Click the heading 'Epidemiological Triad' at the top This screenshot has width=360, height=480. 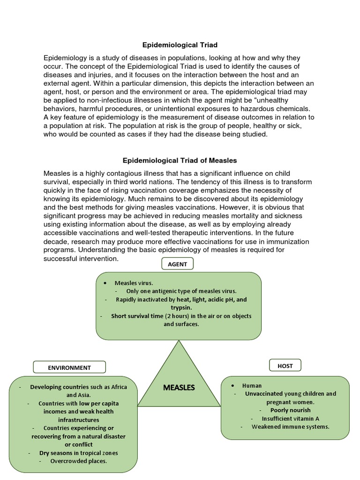180,45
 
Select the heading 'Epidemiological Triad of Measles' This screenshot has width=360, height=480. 180,160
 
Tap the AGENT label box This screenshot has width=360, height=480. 177,264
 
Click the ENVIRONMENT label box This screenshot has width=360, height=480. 69,367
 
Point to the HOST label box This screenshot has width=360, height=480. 285,366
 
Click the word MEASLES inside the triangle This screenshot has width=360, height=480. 179,388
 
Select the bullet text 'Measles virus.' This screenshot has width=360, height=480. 134,283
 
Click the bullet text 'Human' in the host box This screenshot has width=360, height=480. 252,385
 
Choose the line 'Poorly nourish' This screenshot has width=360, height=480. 290,410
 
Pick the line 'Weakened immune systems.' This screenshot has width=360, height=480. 290,427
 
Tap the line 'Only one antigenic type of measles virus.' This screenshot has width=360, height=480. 181,291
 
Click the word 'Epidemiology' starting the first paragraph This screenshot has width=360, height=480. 63,58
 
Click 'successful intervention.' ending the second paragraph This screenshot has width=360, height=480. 81,258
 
